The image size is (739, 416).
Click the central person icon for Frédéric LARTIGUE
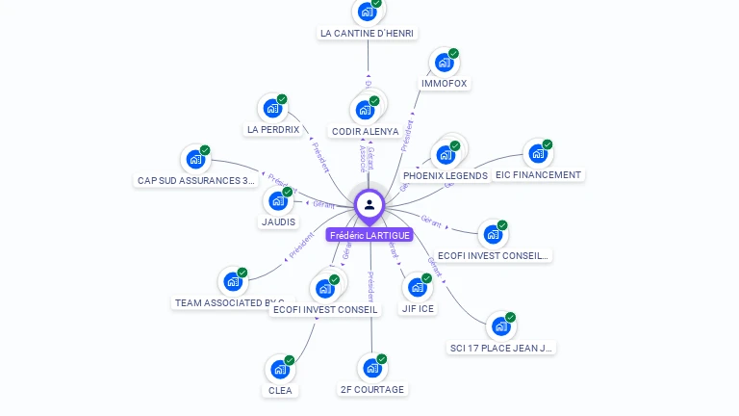369,204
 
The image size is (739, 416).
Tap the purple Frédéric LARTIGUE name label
369,235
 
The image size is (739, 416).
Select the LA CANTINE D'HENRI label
367,34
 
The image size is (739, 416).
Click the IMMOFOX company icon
443,63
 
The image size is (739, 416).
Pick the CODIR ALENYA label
365,131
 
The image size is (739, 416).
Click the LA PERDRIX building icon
272,109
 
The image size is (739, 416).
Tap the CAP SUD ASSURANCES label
197,180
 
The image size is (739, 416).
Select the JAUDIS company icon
277,201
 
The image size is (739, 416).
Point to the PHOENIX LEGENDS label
446,176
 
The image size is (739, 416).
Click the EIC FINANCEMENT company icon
537,154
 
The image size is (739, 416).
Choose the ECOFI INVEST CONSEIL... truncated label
493,256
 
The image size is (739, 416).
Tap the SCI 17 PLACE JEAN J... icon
500,326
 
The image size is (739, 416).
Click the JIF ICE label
418,309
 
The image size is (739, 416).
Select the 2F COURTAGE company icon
371,368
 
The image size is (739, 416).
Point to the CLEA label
280,391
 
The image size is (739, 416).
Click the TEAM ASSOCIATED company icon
233,281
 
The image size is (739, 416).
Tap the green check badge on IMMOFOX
453,53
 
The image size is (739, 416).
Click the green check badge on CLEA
289,360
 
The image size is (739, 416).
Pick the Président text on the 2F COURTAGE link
370,287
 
